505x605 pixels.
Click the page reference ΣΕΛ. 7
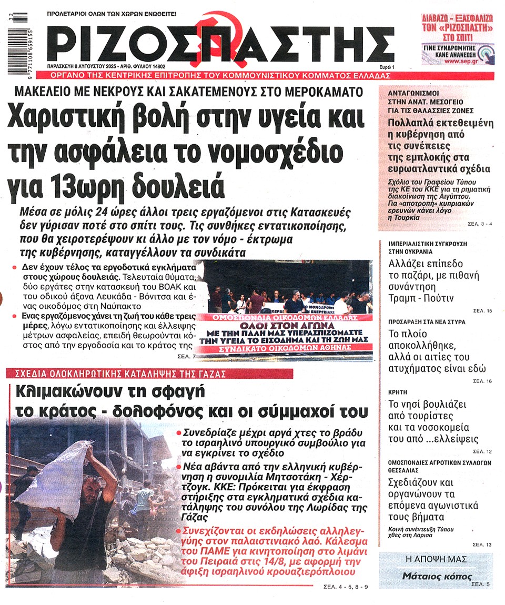pyautogui.click(x=187, y=357)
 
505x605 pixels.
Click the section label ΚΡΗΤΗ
pyautogui.click(x=398, y=392)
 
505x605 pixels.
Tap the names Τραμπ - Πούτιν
pyautogui.click(x=421, y=298)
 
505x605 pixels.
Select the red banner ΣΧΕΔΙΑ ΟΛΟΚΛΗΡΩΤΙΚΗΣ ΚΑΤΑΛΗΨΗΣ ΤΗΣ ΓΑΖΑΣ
pyautogui.click(x=116, y=374)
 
